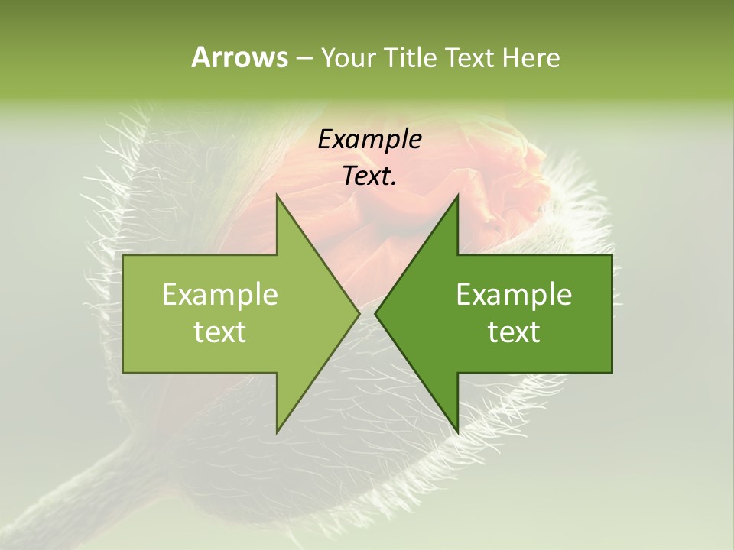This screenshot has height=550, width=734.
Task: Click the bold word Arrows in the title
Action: pyautogui.click(x=239, y=57)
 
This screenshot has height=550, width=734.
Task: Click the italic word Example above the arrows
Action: pyautogui.click(x=369, y=139)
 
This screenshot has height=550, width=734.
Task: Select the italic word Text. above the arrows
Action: pyautogui.click(x=369, y=176)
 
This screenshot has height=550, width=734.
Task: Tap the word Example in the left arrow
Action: pyautogui.click(x=220, y=295)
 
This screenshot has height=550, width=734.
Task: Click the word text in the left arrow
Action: pyautogui.click(x=220, y=332)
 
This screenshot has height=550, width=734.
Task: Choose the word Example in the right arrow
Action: pyautogui.click(x=514, y=295)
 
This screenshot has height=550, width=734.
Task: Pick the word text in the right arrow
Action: pyautogui.click(x=514, y=332)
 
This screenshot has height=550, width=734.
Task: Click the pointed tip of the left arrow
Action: pyautogui.click(x=359, y=313)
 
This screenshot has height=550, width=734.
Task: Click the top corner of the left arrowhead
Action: pyautogui.click(x=278, y=196)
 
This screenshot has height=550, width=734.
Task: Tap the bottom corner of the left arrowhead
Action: pyautogui.click(x=278, y=432)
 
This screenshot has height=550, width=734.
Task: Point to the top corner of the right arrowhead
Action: pyautogui.click(x=457, y=196)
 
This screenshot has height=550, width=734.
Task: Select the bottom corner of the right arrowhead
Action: pyautogui.click(x=457, y=432)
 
